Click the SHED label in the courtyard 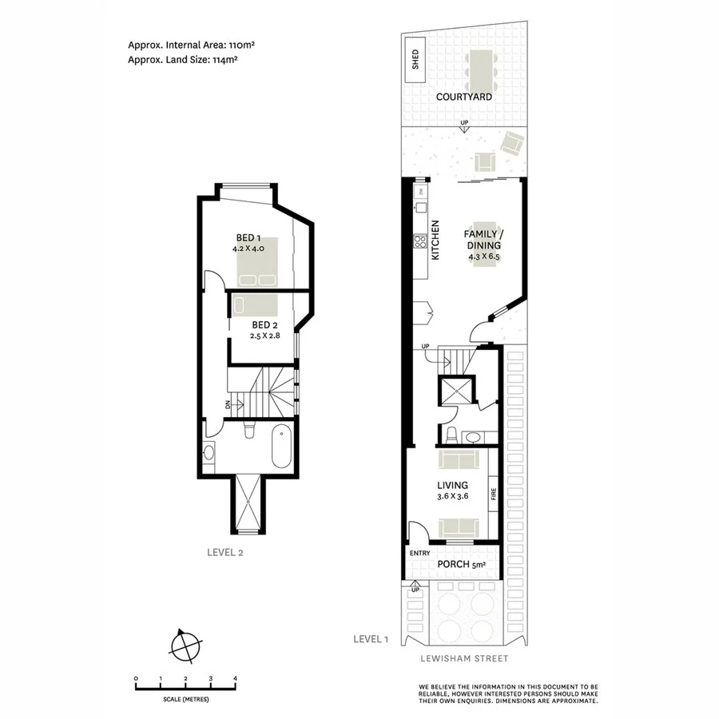[x=415, y=61]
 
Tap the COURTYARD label [x=463, y=97]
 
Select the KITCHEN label [x=436, y=240]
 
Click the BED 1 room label [x=248, y=238]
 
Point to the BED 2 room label [x=264, y=325]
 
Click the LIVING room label [x=452, y=485]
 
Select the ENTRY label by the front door [x=419, y=553]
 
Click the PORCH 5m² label [x=462, y=565]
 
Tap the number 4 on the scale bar [x=235, y=678]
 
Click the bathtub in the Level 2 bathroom [x=282, y=448]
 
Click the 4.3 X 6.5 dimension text [x=483, y=257]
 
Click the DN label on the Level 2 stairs [x=228, y=404]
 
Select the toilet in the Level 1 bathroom [x=452, y=435]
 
